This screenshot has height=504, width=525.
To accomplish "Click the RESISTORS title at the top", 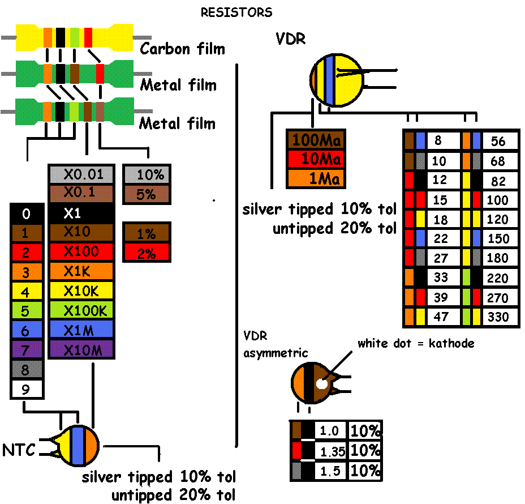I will [x=236, y=12].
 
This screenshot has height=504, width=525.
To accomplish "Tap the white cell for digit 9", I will [x=27, y=389].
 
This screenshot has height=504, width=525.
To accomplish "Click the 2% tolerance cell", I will [x=147, y=253].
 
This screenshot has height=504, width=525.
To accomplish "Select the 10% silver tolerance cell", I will [x=147, y=175].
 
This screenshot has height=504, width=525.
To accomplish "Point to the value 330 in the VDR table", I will [x=498, y=317].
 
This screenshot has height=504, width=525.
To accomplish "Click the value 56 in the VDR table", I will [x=498, y=141].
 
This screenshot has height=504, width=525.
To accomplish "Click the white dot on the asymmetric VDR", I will [x=322, y=383].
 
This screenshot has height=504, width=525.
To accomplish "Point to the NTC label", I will [x=19, y=451].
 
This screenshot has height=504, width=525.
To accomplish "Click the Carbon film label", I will [x=182, y=49].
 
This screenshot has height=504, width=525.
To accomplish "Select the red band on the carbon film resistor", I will [x=88, y=37].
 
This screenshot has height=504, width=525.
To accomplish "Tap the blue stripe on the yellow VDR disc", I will [x=329, y=80].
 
